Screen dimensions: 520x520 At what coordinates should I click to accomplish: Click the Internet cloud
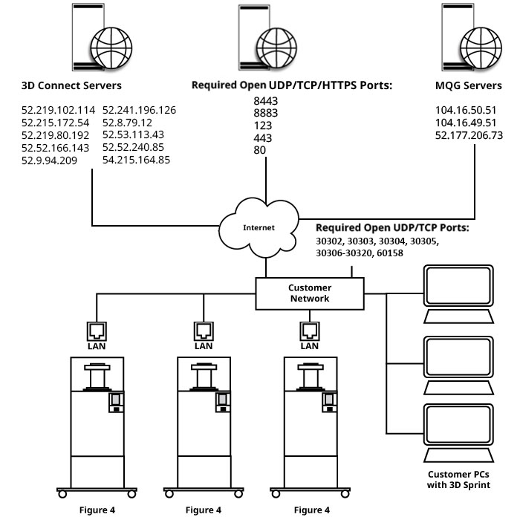pos(259,227)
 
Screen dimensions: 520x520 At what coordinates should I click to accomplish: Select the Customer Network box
pos(309,293)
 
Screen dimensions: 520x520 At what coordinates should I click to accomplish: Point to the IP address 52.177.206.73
pos(469,135)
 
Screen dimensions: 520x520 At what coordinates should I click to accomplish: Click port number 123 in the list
pos(262,126)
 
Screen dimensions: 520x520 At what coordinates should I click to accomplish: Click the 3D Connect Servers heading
pos(71,85)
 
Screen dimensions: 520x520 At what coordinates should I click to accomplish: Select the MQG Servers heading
pos(468,85)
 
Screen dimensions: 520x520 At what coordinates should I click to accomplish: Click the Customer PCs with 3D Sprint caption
pos(456,479)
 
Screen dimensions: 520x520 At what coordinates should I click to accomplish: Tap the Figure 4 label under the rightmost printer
pos(312,510)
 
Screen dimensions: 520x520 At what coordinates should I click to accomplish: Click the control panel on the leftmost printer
pos(116,402)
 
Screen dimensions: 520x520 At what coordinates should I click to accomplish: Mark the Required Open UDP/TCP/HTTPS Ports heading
pos(291,85)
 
